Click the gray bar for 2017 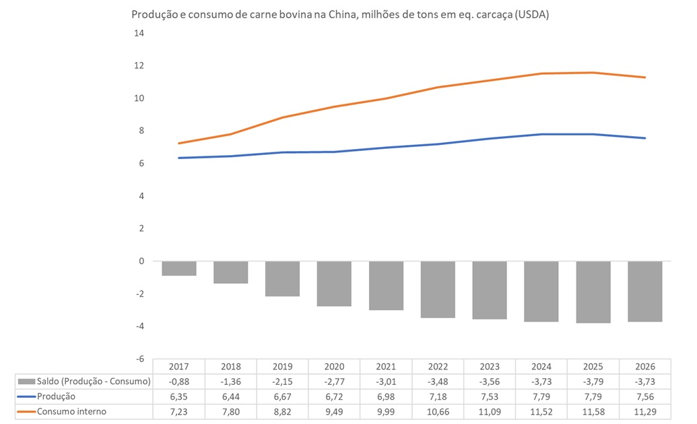pyautogui.click(x=178, y=268)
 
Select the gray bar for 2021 pyautogui.click(x=386, y=285)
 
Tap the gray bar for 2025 pyautogui.click(x=593, y=292)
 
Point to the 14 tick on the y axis pyautogui.click(x=140, y=33)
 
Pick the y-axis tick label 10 pyautogui.click(x=140, y=98)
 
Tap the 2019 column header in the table pyautogui.click(x=282, y=366)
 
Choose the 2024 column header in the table pyautogui.click(x=541, y=366)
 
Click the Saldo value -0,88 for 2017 pyautogui.click(x=178, y=382)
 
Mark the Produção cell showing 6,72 pyautogui.click(x=334, y=396)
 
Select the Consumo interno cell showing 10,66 pyautogui.click(x=438, y=411)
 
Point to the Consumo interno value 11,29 pyautogui.click(x=645, y=411)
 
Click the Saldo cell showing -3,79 pyautogui.click(x=593, y=382)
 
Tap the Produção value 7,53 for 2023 pyautogui.click(x=490, y=396)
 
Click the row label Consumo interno pyautogui.click(x=72, y=411)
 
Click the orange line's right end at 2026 pyautogui.click(x=644, y=78)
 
